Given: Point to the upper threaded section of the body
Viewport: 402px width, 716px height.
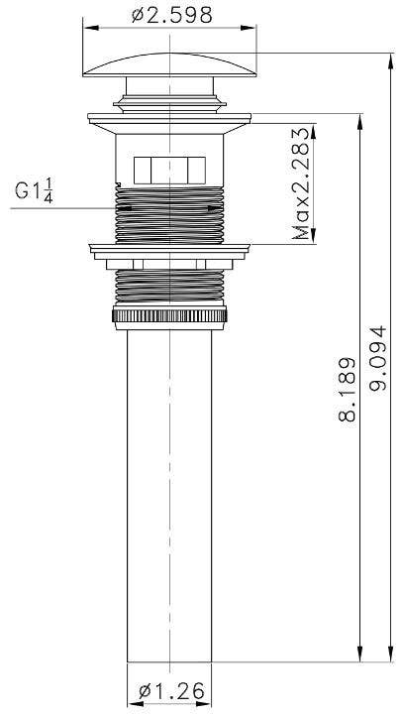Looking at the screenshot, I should point(168,213).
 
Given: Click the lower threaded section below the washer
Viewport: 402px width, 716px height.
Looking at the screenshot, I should point(168,288).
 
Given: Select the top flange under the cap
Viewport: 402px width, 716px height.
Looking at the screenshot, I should point(168,118).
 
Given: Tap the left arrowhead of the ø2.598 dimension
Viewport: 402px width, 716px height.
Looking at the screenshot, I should point(83,32).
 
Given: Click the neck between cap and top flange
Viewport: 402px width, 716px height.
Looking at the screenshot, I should point(168,99).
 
